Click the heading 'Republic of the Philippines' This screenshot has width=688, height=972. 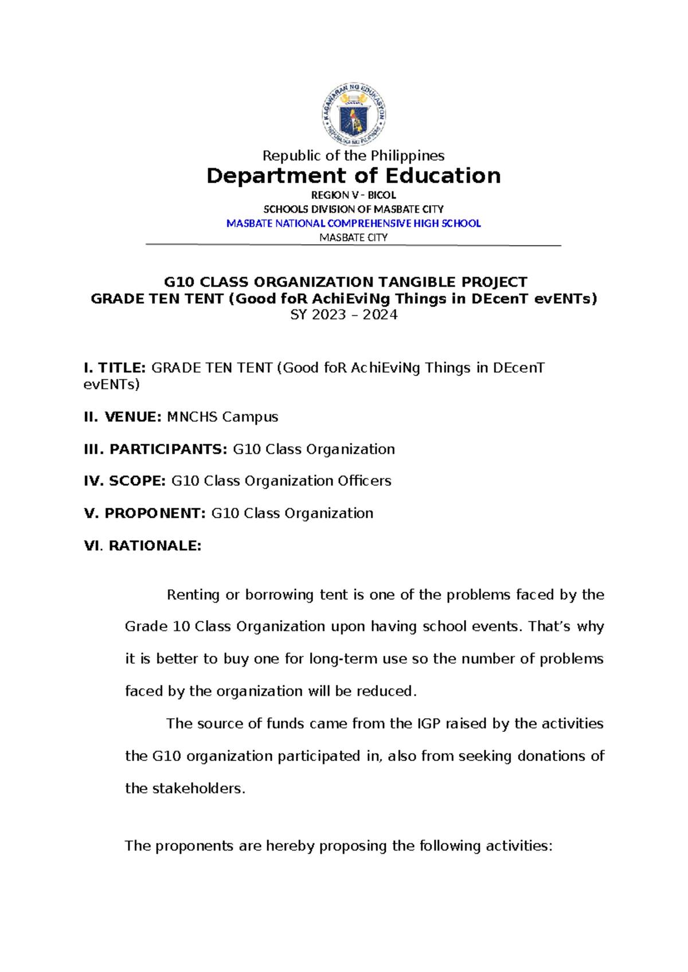click(x=353, y=156)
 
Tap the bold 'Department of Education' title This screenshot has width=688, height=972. click(x=353, y=176)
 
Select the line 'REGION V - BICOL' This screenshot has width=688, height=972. click(x=353, y=195)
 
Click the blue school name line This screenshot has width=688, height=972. click(x=353, y=224)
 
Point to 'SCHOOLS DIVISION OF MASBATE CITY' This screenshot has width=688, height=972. click(x=353, y=210)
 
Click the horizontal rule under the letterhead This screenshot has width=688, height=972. click(x=353, y=245)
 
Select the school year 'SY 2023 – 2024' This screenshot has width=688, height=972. click(x=344, y=315)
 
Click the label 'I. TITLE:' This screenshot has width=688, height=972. click(x=115, y=368)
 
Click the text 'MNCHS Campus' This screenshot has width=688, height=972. click(x=222, y=417)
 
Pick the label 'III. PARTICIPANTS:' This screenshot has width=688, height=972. click(x=155, y=449)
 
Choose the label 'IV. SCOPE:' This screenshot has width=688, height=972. click(x=125, y=481)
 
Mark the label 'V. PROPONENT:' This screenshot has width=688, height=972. click(x=144, y=514)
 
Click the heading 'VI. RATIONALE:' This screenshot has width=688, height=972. click(x=143, y=546)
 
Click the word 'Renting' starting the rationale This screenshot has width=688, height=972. click(x=193, y=595)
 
